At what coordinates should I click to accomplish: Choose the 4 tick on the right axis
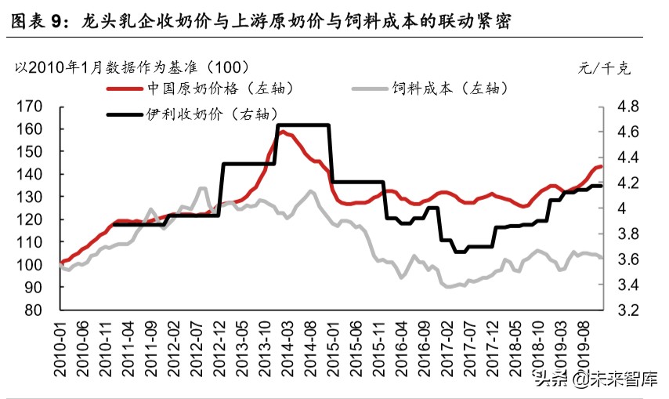coord(624,209)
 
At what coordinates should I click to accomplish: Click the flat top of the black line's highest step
coord(302,125)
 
